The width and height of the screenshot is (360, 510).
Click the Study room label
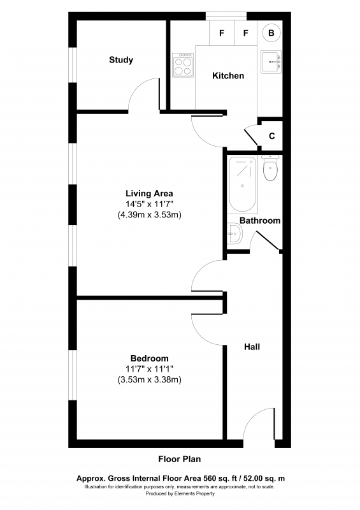121,60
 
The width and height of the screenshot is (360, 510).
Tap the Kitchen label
228,76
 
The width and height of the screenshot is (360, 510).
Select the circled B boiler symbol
271,33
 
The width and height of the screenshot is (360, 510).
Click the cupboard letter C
272,136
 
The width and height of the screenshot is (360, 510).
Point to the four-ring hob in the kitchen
183,65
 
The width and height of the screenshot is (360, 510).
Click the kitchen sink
271,62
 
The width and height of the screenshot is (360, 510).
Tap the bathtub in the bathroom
242,184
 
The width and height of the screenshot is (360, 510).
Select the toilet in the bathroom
270,168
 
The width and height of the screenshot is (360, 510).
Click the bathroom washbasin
234,233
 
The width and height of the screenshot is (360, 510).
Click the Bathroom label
260,221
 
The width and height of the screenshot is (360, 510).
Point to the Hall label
252,347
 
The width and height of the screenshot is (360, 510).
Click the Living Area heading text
149,194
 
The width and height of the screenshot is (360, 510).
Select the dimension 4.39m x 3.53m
149,215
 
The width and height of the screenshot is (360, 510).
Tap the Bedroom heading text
150,358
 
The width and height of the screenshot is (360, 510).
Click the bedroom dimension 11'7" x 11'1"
149,369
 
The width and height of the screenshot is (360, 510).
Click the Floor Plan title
180,459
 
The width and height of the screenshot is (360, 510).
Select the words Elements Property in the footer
194,493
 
